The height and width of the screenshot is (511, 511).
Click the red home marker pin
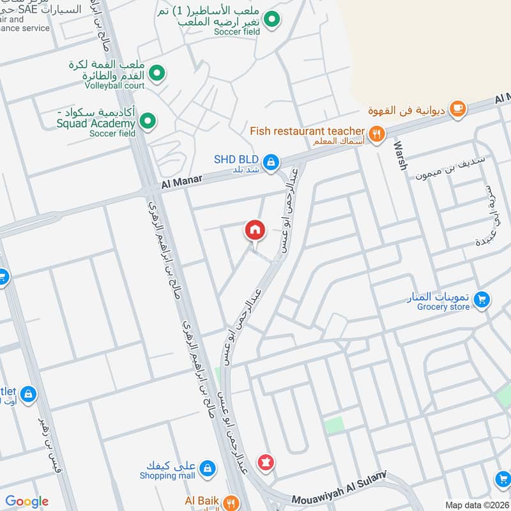[x=254, y=231]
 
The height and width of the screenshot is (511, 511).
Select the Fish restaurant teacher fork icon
[x=378, y=133]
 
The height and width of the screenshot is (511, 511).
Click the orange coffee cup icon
[x=457, y=109]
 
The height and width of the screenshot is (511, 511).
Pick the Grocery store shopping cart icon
[x=482, y=298]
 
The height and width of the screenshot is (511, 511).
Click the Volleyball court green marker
[x=158, y=74]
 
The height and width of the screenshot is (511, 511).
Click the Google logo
[x=27, y=501]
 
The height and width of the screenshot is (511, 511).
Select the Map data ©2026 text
[x=477, y=505]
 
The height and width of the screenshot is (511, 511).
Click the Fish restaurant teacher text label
[x=307, y=131]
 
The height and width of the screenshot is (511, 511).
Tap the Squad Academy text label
[x=96, y=123]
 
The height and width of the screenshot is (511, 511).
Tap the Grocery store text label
[x=443, y=307]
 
